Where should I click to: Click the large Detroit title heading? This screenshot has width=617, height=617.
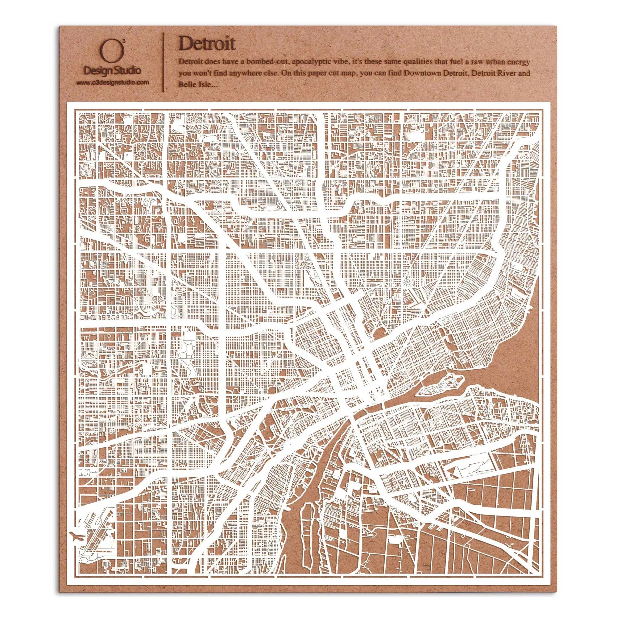point(207,44)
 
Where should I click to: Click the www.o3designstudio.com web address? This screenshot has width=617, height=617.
point(112,82)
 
